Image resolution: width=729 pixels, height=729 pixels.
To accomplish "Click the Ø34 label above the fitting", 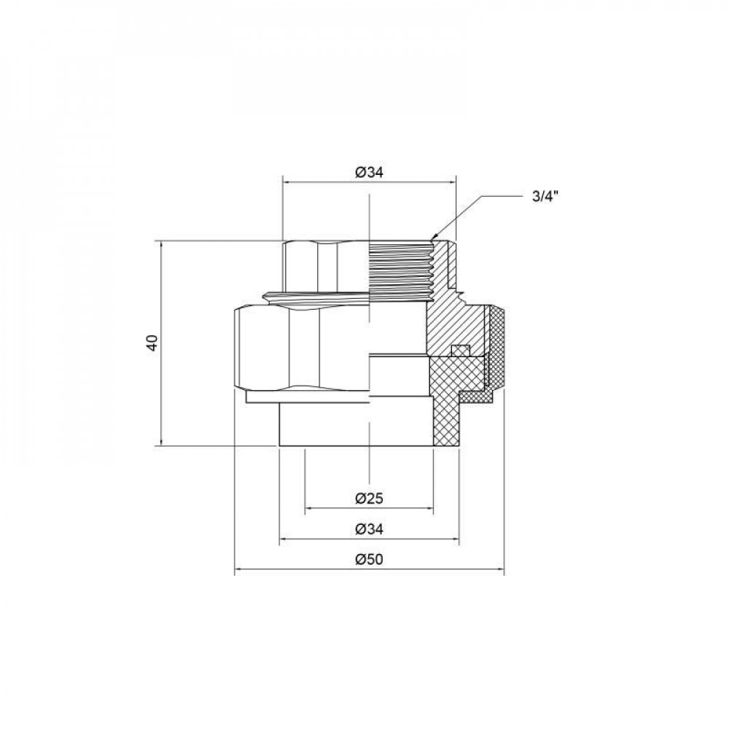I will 370,173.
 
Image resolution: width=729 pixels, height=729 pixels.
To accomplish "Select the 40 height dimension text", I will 152,343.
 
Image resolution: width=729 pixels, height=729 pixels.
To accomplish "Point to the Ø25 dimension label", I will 370,499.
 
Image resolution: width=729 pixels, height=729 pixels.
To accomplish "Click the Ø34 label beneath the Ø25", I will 370,529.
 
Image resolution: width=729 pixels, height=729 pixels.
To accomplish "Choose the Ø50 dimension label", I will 370,560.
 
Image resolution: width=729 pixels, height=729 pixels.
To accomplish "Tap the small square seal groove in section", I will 459,351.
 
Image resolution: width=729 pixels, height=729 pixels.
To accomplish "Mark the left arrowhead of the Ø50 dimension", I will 236,572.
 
